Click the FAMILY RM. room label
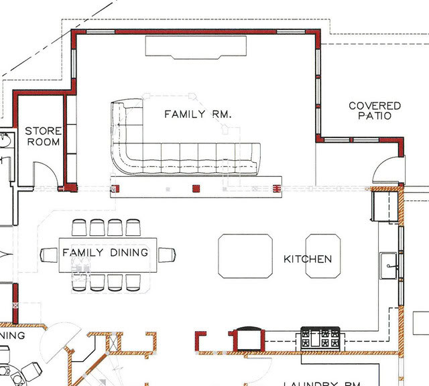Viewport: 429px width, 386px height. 198,115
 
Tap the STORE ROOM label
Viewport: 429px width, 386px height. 43,137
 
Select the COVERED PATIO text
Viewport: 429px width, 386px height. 375,111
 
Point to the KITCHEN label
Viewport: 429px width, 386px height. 307,259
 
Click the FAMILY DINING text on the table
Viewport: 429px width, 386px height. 105,253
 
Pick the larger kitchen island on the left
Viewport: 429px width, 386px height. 245,256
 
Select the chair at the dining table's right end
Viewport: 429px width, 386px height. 167,255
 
